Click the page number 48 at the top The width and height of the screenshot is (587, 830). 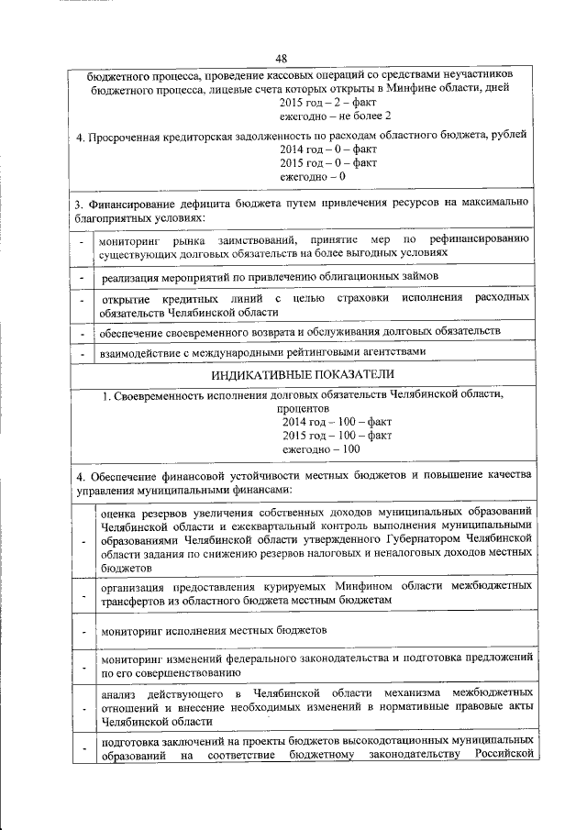tap(294, 60)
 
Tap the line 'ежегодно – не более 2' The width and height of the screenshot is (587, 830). tap(336, 116)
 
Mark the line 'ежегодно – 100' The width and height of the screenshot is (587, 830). tap(321, 448)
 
